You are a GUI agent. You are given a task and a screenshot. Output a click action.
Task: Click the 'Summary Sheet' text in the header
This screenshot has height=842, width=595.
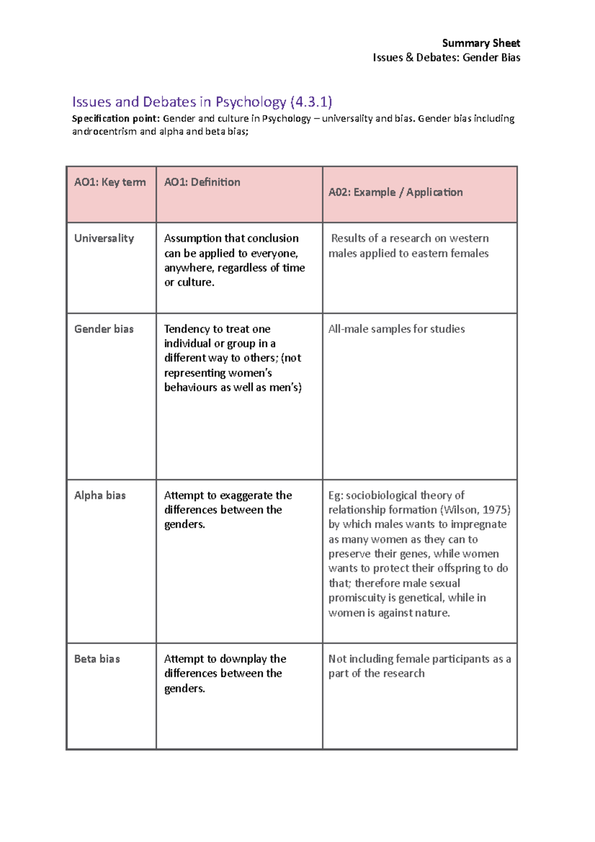(480, 43)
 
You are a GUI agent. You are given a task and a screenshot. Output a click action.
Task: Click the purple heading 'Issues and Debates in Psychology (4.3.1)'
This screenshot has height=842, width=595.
(202, 102)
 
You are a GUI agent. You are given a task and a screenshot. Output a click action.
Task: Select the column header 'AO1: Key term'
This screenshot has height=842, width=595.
(110, 182)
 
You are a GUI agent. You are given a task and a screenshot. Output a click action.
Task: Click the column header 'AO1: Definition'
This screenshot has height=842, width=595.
(202, 182)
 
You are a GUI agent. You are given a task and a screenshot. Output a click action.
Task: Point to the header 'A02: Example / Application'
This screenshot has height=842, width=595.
(395, 192)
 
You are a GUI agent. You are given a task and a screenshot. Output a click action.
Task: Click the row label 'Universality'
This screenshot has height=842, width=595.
(104, 239)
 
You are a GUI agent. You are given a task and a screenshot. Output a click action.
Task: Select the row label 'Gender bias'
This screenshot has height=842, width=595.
(104, 329)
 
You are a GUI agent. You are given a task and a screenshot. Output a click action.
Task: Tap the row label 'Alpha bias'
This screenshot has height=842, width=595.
(100, 495)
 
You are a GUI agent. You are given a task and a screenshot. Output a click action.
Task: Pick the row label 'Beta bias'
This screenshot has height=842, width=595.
(97, 659)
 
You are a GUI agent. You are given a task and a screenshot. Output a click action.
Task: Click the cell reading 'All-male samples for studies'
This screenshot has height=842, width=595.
(396, 329)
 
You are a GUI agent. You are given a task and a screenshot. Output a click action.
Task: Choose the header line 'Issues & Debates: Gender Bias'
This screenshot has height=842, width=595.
(446, 58)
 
